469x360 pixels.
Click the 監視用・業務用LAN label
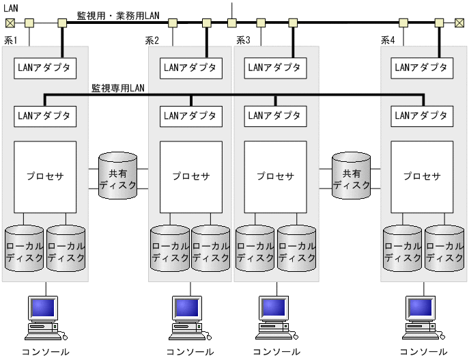118,15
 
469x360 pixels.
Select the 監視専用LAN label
117,88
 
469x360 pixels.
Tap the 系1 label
11,40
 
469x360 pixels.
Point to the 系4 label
388,40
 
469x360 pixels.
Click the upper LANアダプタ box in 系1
44,68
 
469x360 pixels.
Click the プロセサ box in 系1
44,176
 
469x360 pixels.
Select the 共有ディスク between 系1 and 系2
118,176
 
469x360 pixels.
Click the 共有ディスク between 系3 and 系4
352,176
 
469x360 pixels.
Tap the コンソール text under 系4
423,352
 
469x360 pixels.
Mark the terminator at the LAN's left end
9,23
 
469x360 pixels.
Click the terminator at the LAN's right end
459,23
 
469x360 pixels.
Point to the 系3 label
243,40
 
